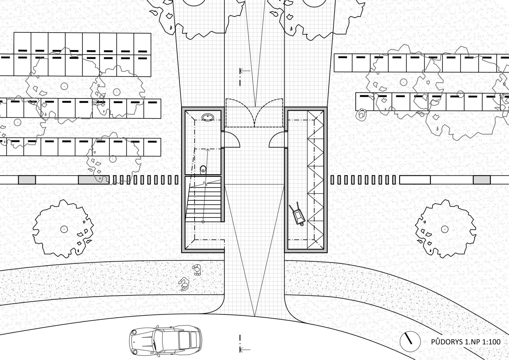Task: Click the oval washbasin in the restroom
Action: point(208,117)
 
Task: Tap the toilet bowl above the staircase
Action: point(203,169)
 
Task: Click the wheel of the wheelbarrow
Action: point(302,223)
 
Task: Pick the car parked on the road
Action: point(165,341)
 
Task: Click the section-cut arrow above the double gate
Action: point(245,71)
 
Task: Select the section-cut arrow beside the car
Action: point(245,349)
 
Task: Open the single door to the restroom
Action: point(232,140)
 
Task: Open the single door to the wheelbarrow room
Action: point(277,140)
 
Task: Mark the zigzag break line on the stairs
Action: point(206,184)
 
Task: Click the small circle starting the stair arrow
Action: point(203,222)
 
